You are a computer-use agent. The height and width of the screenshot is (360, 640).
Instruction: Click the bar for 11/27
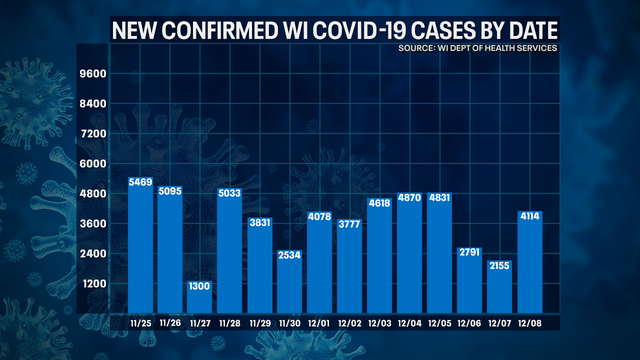pos(199,296)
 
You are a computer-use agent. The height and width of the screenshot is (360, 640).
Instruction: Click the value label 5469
pos(140,184)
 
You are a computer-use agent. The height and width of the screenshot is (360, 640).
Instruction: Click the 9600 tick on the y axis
pos(92,74)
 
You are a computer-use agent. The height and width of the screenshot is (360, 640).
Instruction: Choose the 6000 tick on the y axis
pos(92,164)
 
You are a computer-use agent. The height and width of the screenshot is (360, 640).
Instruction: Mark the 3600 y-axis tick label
pos(92,224)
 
